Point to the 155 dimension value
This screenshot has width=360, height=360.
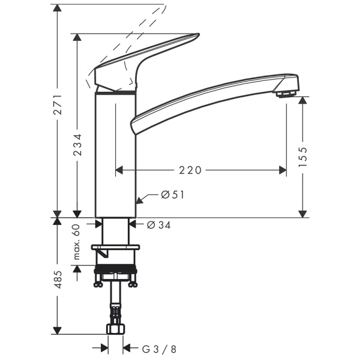coord(303,157)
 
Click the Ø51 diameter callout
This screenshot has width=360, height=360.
coord(172,194)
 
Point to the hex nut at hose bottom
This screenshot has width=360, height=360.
coord(115,329)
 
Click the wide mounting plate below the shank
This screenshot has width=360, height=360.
coord(115,247)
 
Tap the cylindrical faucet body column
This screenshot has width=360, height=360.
coord(115,156)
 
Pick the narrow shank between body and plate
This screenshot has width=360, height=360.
coord(115,231)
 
